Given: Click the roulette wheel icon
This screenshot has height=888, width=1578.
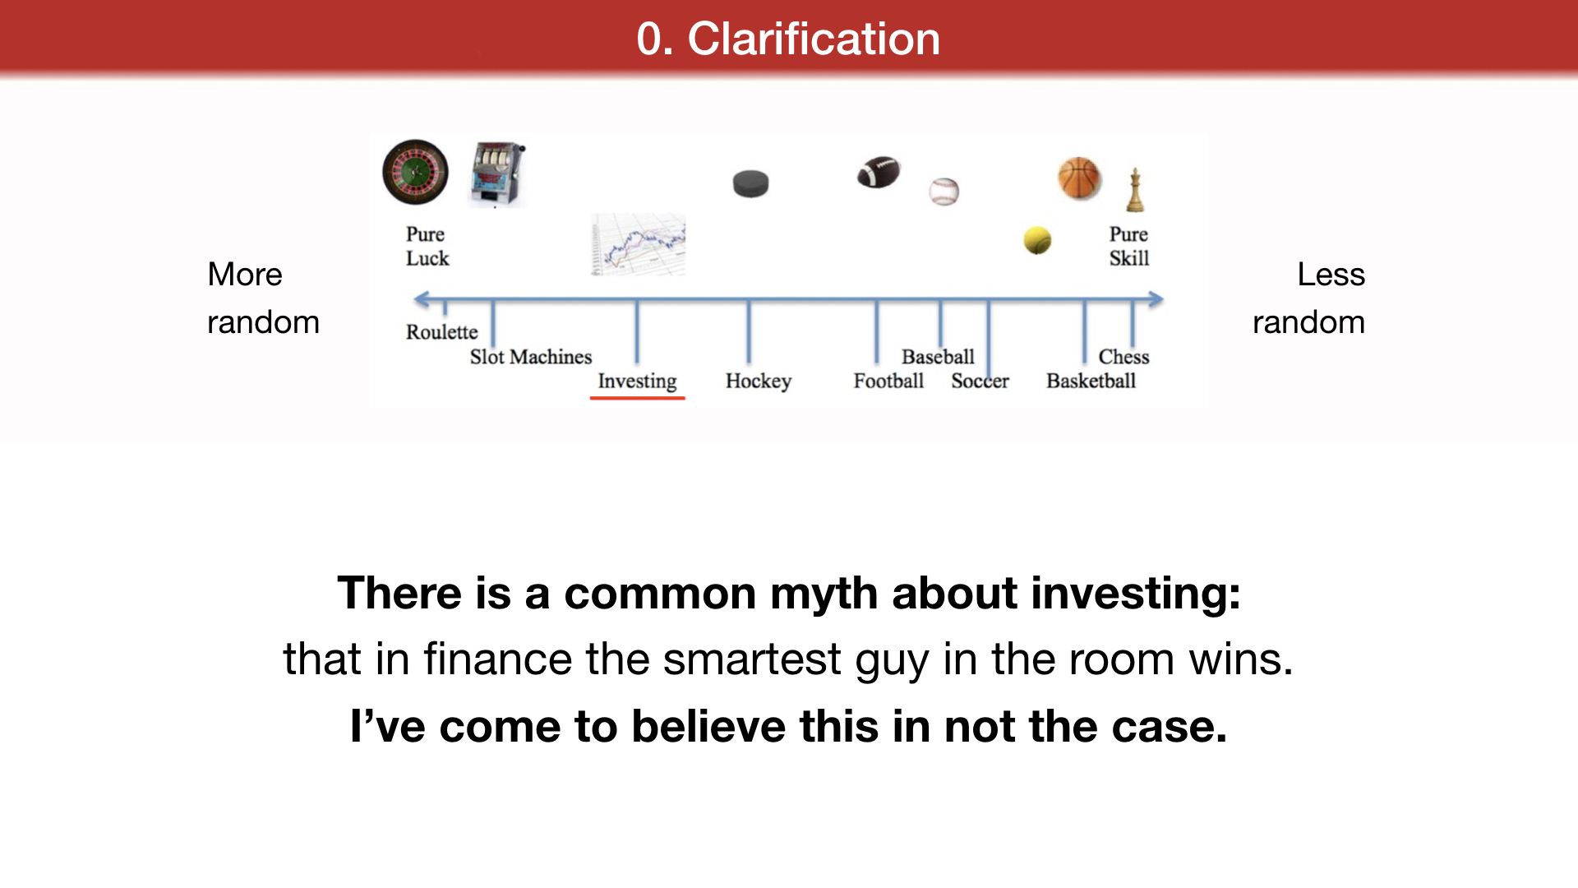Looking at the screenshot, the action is click(416, 172).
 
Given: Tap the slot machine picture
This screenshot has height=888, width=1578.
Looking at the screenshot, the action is click(497, 174).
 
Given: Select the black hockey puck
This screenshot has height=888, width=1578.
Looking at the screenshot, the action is click(750, 183).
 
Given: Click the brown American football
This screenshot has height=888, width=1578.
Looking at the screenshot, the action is click(879, 172).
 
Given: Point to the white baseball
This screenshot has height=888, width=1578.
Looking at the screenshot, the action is click(944, 192).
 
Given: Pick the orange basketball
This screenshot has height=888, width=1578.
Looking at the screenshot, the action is click(1079, 178).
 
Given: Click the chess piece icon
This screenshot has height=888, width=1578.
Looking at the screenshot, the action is click(1135, 189).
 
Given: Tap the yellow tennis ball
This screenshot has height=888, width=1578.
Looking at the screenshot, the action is click(1037, 240).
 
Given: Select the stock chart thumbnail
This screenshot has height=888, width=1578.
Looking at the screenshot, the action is click(639, 245).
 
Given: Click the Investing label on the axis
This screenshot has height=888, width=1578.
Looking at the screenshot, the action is click(637, 382).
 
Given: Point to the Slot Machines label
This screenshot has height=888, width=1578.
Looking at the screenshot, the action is click(531, 357).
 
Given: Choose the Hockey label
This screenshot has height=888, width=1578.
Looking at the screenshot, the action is click(759, 382).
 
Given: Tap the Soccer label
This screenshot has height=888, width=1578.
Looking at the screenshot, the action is click(980, 381).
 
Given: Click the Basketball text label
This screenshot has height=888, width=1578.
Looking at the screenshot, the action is click(1091, 381).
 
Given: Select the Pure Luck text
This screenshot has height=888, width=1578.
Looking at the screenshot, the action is click(427, 246).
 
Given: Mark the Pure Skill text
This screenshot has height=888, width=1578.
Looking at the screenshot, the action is click(1129, 246).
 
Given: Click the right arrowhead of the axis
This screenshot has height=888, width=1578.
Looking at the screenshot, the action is click(1156, 299).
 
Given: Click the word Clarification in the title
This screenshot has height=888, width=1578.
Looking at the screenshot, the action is click(814, 39).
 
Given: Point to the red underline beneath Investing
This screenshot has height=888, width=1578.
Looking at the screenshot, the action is click(637, 399).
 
